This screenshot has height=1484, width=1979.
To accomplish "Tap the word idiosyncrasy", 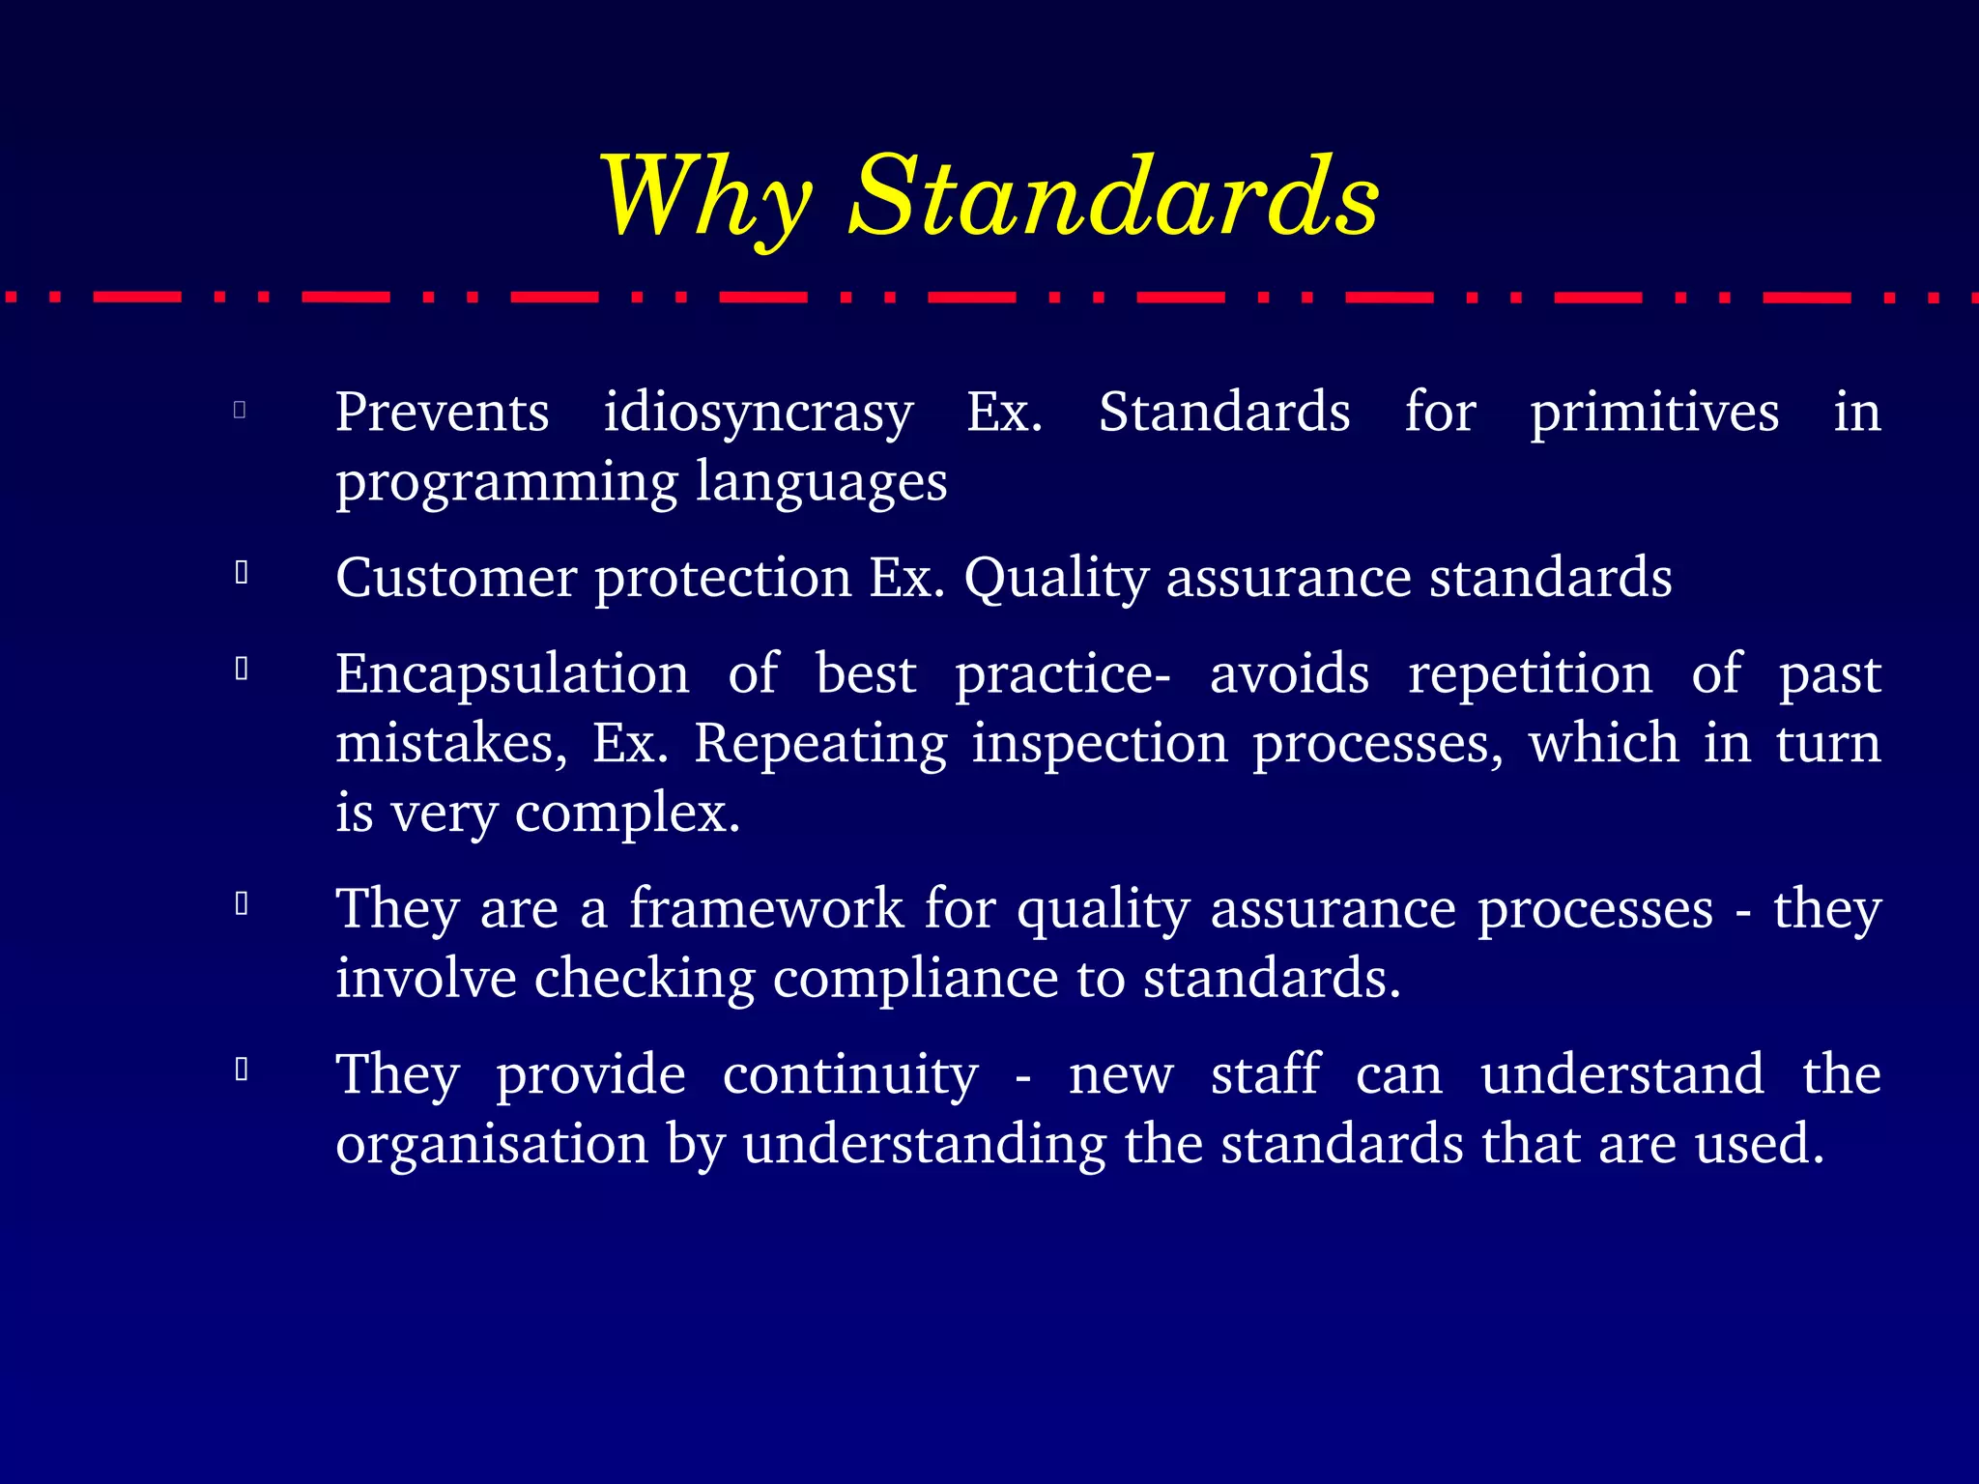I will tap(758, 414).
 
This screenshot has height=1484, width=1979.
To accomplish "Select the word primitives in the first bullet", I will tap(1653, 414).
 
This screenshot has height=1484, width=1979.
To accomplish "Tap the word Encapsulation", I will tap(512, 674).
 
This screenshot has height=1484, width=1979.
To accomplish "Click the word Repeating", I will tap(820, 744).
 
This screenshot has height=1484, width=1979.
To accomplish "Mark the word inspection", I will tap(1099, 744).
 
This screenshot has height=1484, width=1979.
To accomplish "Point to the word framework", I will tap(765, 909).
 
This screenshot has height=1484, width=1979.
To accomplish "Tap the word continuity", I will tap(849, 1074).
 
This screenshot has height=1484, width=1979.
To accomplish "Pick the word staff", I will tap(1265, 1074).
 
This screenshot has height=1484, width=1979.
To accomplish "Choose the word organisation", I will tap(492, 1144).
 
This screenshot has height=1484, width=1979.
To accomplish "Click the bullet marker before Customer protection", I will tap(242, 574).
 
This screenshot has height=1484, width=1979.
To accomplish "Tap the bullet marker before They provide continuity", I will tap(242, 1070).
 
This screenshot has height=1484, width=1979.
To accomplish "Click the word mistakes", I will tap(450, 744).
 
